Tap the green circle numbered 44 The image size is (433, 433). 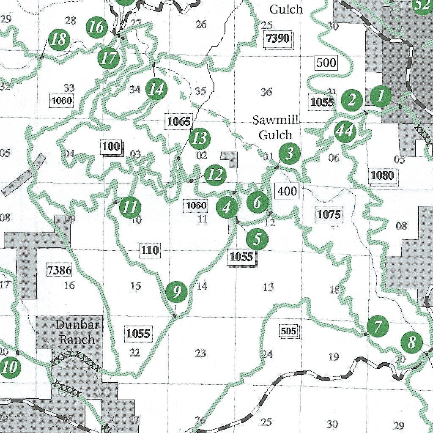tap(344, 131)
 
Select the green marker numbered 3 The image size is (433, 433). tap(289, 153)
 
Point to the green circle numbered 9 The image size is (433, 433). tap(177, 292)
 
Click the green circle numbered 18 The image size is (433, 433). tap(58, 40)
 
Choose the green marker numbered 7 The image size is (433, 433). tap(378, 326)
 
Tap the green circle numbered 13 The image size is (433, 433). tap(199, 138)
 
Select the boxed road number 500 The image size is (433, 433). tap(326, 63)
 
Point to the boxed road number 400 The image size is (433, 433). tap(287, 191)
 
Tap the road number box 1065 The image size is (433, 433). tap(179, 122)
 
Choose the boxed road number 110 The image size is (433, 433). tap(150, 250)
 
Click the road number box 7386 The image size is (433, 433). tap(60, 270)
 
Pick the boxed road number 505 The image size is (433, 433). tap(289, 331)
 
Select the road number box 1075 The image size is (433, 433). tap(329, 215)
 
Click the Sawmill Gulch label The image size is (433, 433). tap(276, 127)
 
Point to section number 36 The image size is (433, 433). tap(266, 92)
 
